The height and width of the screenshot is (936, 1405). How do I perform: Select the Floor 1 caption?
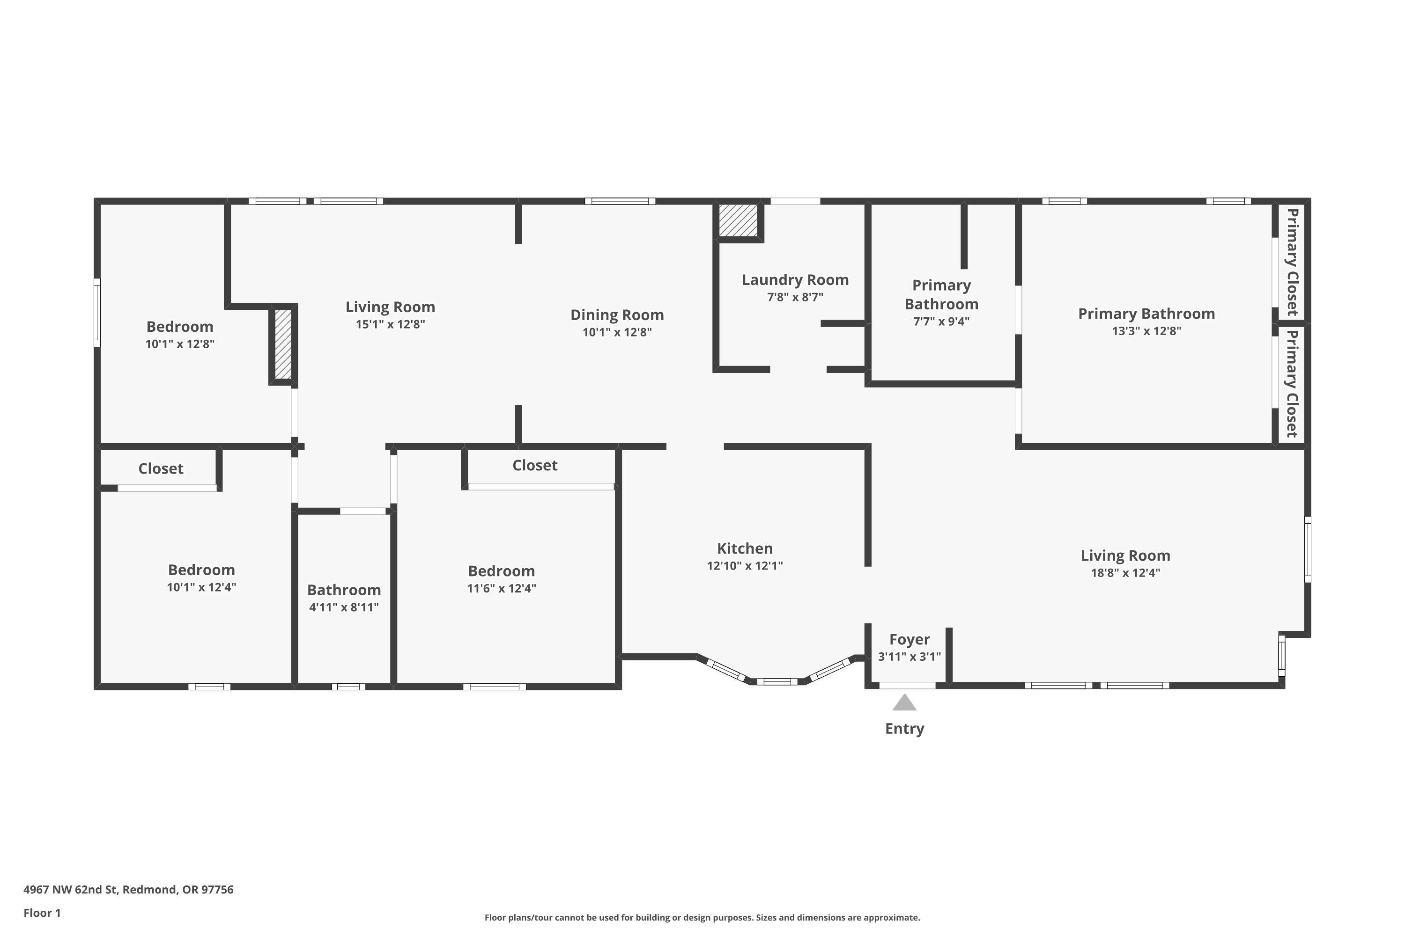pos(42,913)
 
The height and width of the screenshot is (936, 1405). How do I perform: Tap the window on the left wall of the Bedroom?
pos(97,312)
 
